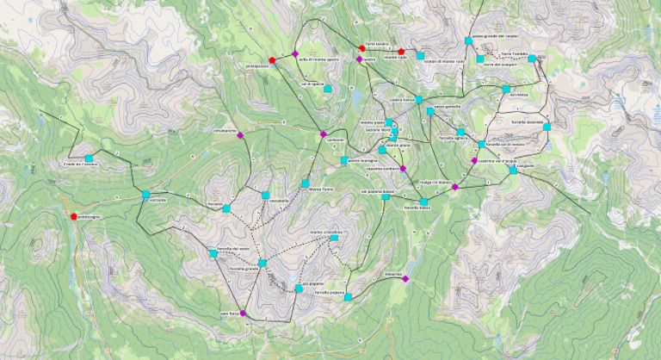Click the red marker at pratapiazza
pos(272,60)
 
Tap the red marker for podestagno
pos(74,216)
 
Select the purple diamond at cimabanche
pos(241,136)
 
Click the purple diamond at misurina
pos(405,279)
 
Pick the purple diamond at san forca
pos(244,313)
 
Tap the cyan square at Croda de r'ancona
pos(89,158)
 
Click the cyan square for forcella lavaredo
pos(547,127)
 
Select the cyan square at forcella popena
pos(348,297)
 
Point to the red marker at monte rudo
pos(401,52)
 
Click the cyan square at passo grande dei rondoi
pos(468,40)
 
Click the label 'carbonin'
pos(335,140)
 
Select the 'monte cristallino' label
pos(326,232)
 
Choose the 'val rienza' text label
pos(518,94)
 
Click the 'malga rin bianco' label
pos(436,183)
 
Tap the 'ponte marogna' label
pos(362,161)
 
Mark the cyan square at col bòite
pos(146,195)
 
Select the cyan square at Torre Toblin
pos(532,59)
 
